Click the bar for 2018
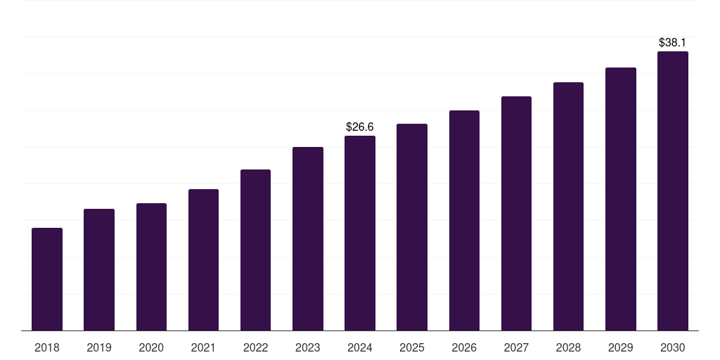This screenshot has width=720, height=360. tap(47, 279)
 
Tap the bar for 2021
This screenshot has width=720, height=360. tap(203, 259)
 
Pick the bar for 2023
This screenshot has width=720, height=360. tap(308, 238)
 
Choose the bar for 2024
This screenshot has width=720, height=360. tap(360, 233)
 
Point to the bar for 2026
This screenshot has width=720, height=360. tap(464, 220)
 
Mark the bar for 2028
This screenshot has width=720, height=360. tap(568, 206)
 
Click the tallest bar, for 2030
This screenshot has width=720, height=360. tap(673, 191)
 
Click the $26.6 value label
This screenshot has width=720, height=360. tap(360, 127)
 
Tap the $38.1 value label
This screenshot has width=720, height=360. tap(673, 43)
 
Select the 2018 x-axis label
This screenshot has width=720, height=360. tap(47, 347)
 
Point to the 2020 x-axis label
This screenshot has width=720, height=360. tap(151, 347)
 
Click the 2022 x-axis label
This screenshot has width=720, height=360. tap(255, 347)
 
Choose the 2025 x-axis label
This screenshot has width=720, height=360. tap(412, 347)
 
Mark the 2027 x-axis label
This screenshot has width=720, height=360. tap(516, 347)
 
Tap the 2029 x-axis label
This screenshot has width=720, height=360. tap(620, 347)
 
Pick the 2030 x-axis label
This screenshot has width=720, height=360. tap(673, 347)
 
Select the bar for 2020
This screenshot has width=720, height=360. tap(151, 266)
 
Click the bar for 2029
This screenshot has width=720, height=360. tap(620, 199)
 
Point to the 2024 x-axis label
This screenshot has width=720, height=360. tap(360, 347)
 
